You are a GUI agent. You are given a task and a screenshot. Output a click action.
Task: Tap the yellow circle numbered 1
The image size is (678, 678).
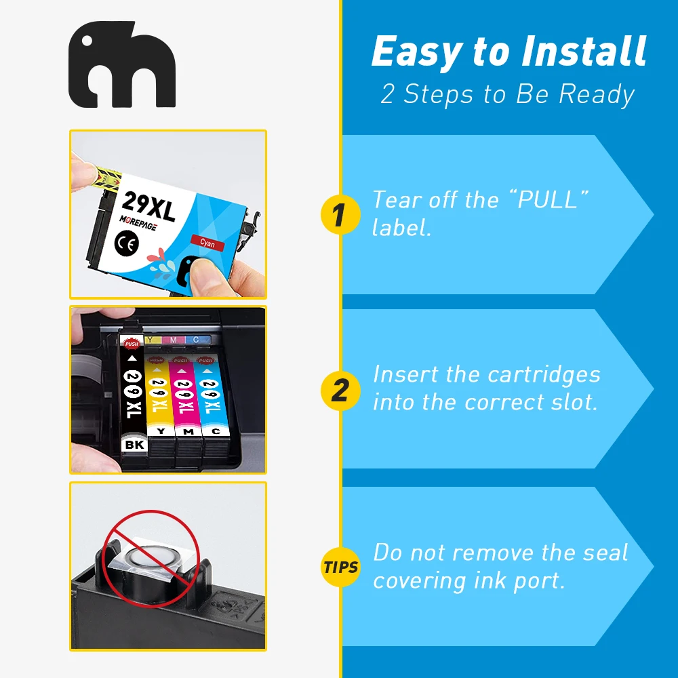tap(340, 214)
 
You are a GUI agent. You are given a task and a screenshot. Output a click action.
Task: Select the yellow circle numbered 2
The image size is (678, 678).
tap(340, 390)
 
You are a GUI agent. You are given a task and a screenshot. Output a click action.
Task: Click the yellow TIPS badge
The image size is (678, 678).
tap(341, 567)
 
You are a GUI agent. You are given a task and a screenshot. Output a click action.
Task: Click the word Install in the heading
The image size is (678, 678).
tap(584, 51)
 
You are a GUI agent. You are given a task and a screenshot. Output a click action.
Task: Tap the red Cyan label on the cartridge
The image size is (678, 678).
tap(207, 243)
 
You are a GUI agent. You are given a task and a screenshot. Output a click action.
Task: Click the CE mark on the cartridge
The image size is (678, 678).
tap(127, 243)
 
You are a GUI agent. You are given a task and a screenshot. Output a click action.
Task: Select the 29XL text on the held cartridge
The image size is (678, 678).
tap(148, 207)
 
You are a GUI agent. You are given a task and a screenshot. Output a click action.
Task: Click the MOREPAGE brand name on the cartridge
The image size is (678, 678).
tap(138, 222)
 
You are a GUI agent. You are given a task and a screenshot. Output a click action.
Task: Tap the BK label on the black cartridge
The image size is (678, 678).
tap(134, 445)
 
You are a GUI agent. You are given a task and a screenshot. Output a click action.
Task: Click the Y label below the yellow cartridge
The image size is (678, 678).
tap(161, 431)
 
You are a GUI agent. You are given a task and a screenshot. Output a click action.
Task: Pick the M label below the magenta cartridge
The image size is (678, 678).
tap(188, 431)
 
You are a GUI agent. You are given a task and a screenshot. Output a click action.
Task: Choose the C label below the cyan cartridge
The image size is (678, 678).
tap(216, 431)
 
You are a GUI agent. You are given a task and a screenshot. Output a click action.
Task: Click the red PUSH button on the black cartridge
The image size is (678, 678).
tap(132, 344)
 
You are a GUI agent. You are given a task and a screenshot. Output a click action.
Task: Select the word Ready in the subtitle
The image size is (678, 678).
tap(597, 95)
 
